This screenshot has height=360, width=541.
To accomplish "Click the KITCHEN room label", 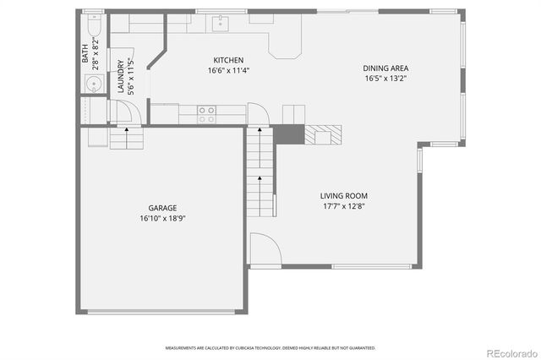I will (x=228, y=60).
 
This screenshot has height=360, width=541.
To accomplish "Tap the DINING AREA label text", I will (x=386, y=68).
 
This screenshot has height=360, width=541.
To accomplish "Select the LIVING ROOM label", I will (x=343, y=196).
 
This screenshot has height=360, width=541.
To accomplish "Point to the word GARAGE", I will (x=162, y=207).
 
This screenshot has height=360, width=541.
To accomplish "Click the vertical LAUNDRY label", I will (x=121, y=76).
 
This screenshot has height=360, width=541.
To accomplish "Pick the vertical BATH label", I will (x=85, y=55).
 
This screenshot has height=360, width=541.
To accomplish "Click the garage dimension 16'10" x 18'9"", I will (x=162, y=217).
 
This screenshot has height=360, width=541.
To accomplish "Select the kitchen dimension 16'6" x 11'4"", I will (x=228, y=70).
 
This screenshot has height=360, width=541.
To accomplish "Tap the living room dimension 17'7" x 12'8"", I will (x=343, y=206).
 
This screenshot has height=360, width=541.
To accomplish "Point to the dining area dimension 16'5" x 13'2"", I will (x=386, y=79).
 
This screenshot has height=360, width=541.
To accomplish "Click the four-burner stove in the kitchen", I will (x=206, y=114).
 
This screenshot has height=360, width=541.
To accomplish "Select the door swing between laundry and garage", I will (x=123, y=112).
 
